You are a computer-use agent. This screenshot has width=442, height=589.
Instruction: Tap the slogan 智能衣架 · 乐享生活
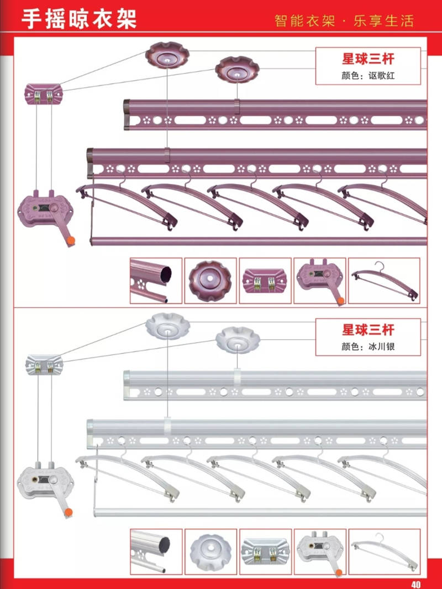coord(344,22)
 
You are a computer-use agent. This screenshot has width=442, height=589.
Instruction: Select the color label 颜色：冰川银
coord(368,347)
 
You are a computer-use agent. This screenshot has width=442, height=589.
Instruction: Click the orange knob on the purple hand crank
coord(70,241)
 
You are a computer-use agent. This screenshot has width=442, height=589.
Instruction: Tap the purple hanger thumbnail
coord(384,280)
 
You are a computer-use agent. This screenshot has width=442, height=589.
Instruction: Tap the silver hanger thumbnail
coord(384,551)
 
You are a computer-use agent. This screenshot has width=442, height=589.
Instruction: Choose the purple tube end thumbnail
coord(156,280)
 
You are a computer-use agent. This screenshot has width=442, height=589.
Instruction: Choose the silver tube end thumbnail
coord(156,551)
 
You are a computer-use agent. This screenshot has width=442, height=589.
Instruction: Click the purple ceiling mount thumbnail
coord(210,280)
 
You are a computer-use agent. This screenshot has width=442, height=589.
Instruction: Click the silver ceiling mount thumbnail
coord(210,551)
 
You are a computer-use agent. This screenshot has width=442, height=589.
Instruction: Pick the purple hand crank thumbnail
coord(319,280)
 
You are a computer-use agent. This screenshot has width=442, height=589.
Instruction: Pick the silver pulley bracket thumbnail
coord(265,551)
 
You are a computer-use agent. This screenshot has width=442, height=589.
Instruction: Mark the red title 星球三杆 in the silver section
coord(368,330)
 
